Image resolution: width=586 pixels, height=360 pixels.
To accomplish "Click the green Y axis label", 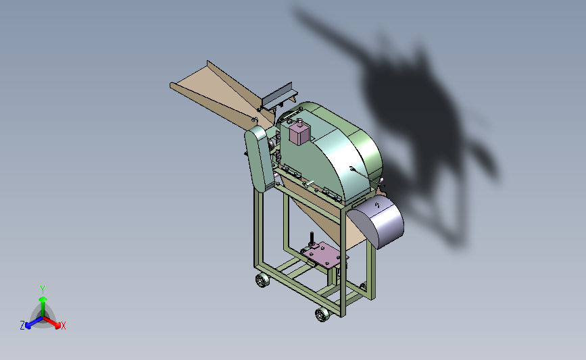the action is click(x=42, y=290).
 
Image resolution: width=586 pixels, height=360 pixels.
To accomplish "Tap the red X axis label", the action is click(x=63, y=326).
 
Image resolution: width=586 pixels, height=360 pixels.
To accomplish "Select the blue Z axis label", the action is click(x=22, y=326).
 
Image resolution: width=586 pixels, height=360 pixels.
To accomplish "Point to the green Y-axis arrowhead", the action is click(x=43, y=299).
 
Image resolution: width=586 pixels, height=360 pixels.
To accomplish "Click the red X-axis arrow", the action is click(x=51, y=322).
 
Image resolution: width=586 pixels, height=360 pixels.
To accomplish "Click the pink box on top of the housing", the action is click(x=299, y=132).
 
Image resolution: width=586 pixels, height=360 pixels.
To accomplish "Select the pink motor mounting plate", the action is click(x=326, y=255).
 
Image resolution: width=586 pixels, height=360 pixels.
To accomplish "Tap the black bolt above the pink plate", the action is click(x=312, y=238).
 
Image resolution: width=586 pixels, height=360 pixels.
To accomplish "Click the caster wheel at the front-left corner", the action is click(x=262, y=280).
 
